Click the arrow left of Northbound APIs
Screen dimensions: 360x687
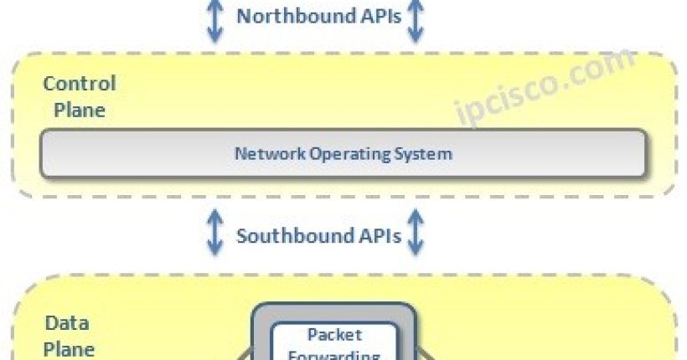click(215, 20)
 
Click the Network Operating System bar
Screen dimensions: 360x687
click(343, 154)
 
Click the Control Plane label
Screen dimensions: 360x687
click(79, 96)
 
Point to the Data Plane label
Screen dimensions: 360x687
click(69, 336)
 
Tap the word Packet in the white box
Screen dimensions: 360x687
click(334, 336)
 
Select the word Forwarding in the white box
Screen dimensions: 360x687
click(334, 354)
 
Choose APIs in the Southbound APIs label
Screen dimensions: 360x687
click(379, 235)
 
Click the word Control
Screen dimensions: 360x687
click(79, 84)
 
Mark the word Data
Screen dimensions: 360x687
click(67, 323)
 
